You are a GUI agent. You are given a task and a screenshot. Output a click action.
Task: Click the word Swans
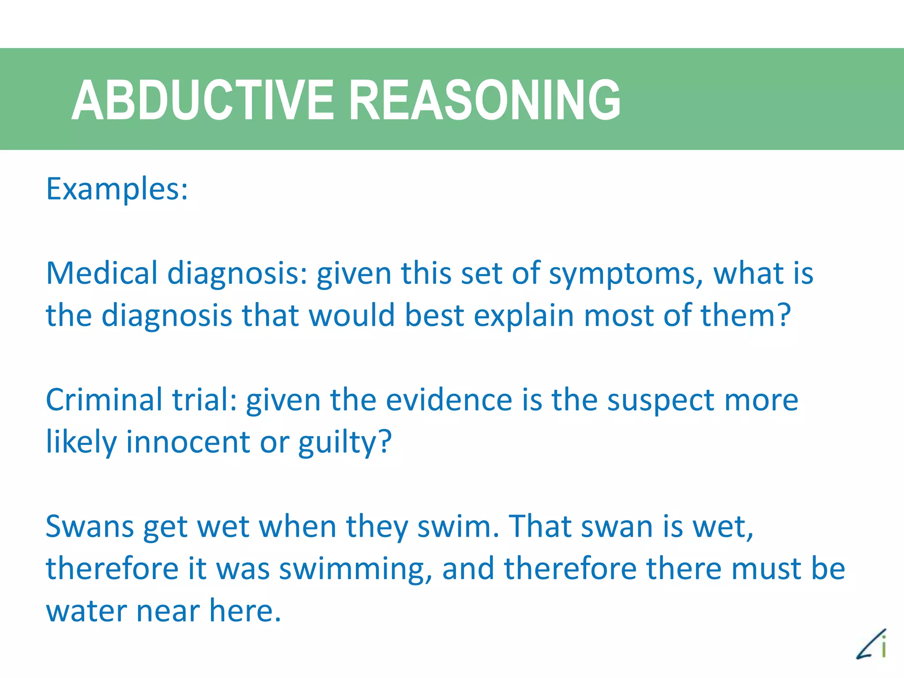[x=90, y=527]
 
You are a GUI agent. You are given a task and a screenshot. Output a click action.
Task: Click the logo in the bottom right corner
[x=872, y=645]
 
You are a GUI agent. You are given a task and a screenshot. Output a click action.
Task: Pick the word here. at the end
[x=245, y=610]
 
